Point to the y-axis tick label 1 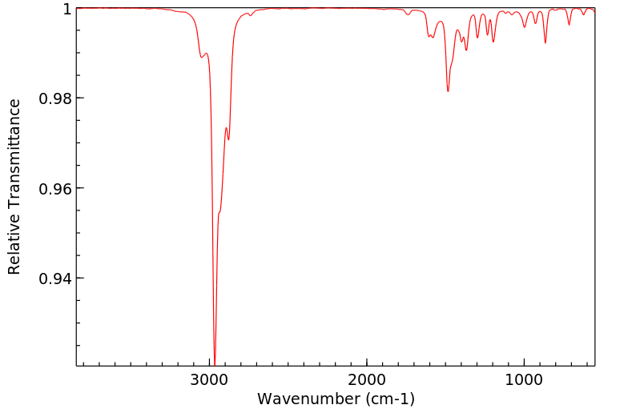(x=67, y=9)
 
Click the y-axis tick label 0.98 (x=56, y=98)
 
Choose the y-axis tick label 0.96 (x=56, y=189)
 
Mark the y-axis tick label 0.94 (x=56, y=279)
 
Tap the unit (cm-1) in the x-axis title (x=387, y=398)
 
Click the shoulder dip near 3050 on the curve (x=201, y=57)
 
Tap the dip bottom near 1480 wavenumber (x=448, y=90)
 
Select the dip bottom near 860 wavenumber (x=545, y=42)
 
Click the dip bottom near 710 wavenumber (x=570, y=25)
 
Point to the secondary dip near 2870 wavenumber (x=229, y=139)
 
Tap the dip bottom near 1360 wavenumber (x=466, y=50)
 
